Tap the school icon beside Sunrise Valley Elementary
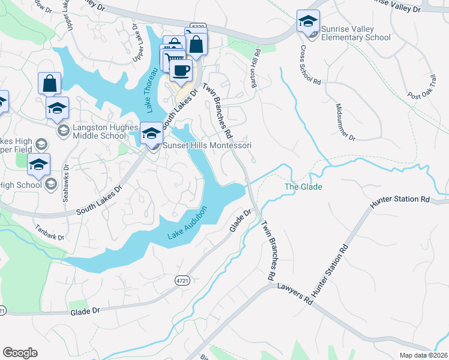point(308,22)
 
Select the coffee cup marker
point(181,71)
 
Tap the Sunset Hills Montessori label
point(206,146)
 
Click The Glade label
point(303,187)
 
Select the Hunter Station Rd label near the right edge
point(400,199)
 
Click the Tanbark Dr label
point(49,232)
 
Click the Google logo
point(20,353)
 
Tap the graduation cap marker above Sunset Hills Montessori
point(151,133)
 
